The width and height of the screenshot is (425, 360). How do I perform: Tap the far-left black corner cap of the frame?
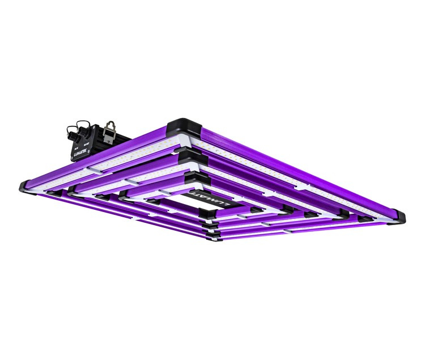pos(25,185)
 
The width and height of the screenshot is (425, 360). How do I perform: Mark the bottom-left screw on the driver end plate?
pos(73,158)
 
